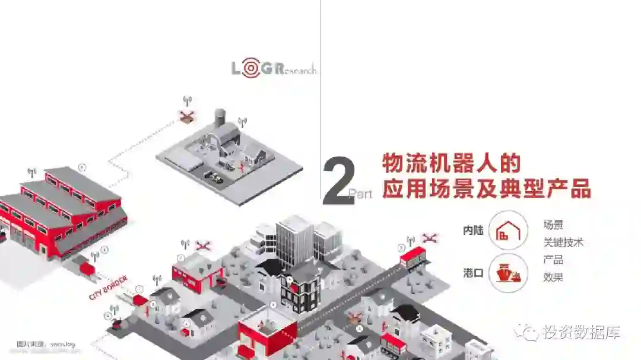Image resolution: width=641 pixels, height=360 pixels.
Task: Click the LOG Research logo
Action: click(x=274, y=68)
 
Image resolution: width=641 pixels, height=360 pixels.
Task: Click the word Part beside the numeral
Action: click(x=360, y=193)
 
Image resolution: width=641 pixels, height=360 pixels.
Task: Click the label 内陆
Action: click(x=473, y=231)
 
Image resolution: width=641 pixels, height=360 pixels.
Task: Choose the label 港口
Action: click(x=473, y=273)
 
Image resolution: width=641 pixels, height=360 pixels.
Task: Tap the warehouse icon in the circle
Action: click(x=508, y=230)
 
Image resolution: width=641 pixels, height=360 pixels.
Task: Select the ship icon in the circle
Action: click(x=508, y=273)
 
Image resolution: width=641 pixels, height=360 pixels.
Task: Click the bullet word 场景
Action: click(x=553, y=225)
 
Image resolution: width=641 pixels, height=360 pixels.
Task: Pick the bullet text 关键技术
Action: click(x=563, y=243)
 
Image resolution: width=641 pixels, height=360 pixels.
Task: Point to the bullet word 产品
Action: click(x=553, y=260)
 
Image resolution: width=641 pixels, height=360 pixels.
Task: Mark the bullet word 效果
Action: click(x=553, y=277)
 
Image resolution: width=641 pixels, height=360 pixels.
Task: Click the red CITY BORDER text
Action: click(x=108, y=287)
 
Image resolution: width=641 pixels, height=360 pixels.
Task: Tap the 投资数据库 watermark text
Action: click(x=581, y=332)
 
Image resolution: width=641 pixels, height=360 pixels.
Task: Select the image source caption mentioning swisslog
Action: click(x=40, y=344)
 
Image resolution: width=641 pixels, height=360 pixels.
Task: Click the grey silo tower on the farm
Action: click(x=220, y=118)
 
